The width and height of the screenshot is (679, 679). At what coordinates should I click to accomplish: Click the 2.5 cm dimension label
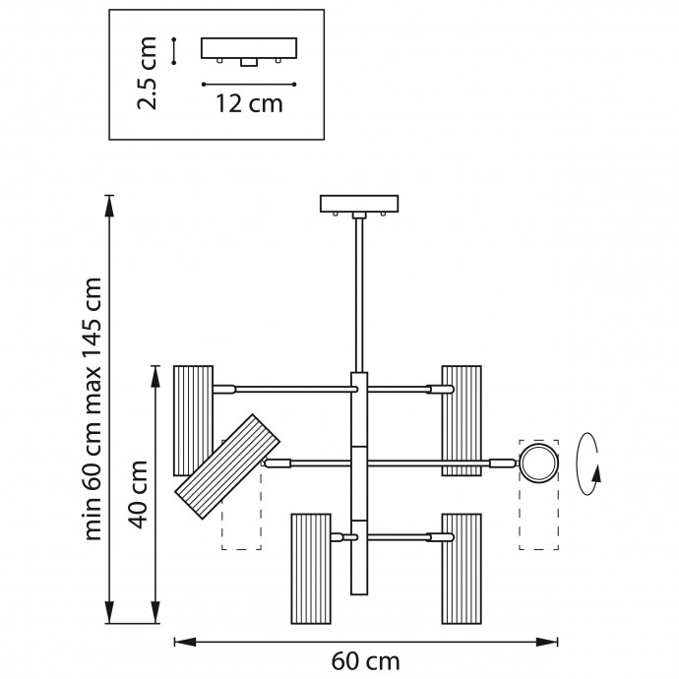click(148, 74)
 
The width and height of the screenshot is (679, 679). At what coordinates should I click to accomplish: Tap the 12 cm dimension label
click(249, 104)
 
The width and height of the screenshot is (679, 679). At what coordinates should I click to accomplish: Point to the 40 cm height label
click(140, 494)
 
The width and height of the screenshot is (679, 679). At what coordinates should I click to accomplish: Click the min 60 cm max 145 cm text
click(94, 408)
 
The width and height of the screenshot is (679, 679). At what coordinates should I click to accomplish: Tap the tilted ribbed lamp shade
click(225, 466)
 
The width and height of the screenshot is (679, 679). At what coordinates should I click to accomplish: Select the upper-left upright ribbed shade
click(193, 419)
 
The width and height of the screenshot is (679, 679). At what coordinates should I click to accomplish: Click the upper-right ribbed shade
click(462, 419)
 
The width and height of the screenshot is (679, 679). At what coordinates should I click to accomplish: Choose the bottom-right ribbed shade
click(462, 568)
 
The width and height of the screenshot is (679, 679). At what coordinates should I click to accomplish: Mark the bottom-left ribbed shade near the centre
click(311, 568)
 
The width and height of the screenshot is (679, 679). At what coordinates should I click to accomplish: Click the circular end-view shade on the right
click(538, 463)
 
